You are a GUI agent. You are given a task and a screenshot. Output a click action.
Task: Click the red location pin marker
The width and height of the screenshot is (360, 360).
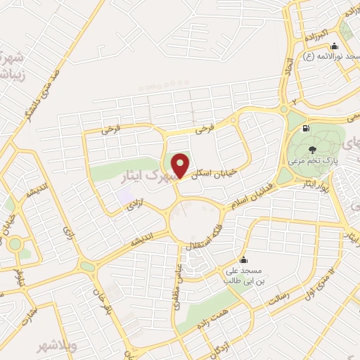tap(181, 165)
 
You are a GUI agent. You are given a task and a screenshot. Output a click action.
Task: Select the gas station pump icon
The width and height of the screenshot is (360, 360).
tap(304, 129)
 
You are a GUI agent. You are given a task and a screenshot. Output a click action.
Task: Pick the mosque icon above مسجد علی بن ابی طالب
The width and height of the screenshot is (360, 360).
tap(243, 259)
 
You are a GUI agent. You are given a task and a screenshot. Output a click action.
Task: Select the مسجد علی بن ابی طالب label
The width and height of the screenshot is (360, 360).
tap(243, 274)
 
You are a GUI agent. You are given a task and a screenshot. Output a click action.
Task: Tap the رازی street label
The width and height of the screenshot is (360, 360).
tap(68, 233)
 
